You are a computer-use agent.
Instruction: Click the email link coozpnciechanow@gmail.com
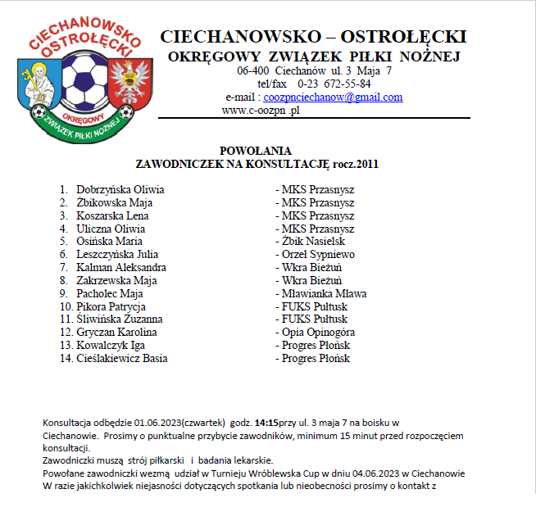pyautogui.click(x=333, y=97)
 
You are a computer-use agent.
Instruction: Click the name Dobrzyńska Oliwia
pyautogui.click(x=120, y=189)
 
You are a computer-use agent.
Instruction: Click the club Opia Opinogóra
pyautogui.click(x=318, y=332)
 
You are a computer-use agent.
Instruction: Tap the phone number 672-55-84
pyautogui.click(x=345, y=84)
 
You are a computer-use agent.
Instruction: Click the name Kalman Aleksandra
pyautogui.click(x=121, y=267)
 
